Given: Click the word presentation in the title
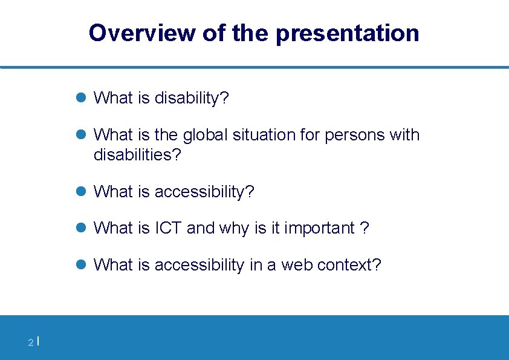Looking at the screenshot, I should (x=347, y=33).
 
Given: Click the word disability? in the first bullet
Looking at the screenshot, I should (x=192, y=98).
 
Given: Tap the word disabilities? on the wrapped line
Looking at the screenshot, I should (x=137, y=155).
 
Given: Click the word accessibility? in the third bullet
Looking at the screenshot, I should (x=204, y=192).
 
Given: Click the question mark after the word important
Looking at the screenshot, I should (x=365, y=228).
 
